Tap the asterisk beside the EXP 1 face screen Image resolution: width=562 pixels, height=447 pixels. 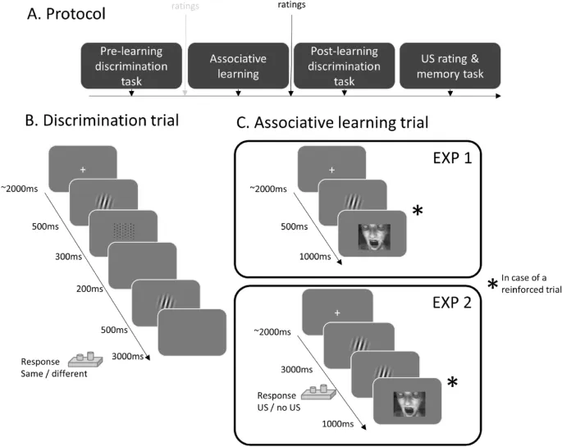[x=417, y=212]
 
